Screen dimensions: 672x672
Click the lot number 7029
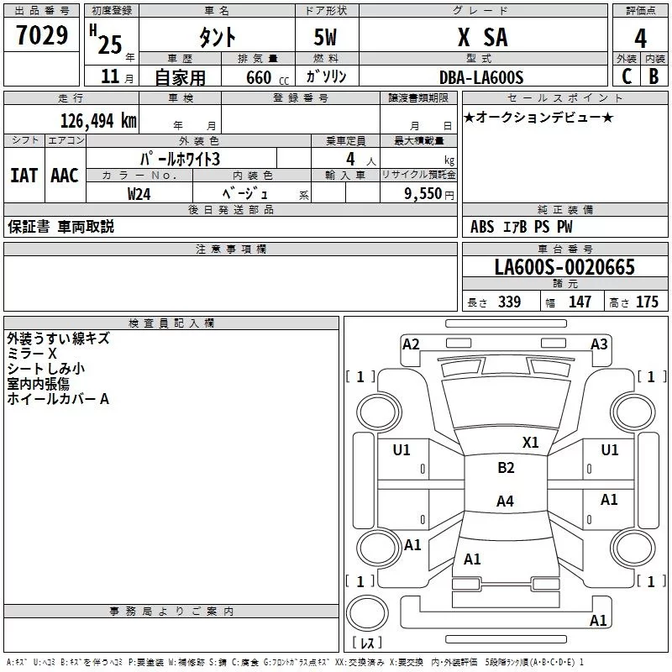coord(42,36)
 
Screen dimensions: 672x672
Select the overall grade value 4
coord(641,38)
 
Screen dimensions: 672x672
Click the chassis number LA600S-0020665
coord(564,267)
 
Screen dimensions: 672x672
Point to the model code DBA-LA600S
coord(481,77)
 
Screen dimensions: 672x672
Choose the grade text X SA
coord(481,38)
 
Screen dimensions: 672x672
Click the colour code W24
coord(140,193)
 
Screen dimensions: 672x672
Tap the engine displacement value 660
coord(259,77)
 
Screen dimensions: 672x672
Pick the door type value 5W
coord(326,38)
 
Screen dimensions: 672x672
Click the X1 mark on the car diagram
coord(530,442)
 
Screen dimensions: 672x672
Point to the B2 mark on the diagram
coord(506,468)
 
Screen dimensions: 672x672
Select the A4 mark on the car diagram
coord(505,501)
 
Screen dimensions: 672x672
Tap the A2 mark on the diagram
coord(411,344)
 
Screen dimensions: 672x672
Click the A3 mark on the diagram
coord(599,344)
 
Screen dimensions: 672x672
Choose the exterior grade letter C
coord(626,77)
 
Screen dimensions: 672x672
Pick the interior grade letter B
coord(654,77)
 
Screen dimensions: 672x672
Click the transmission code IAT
coord(24,176)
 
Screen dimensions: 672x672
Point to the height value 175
coord(647,302)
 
